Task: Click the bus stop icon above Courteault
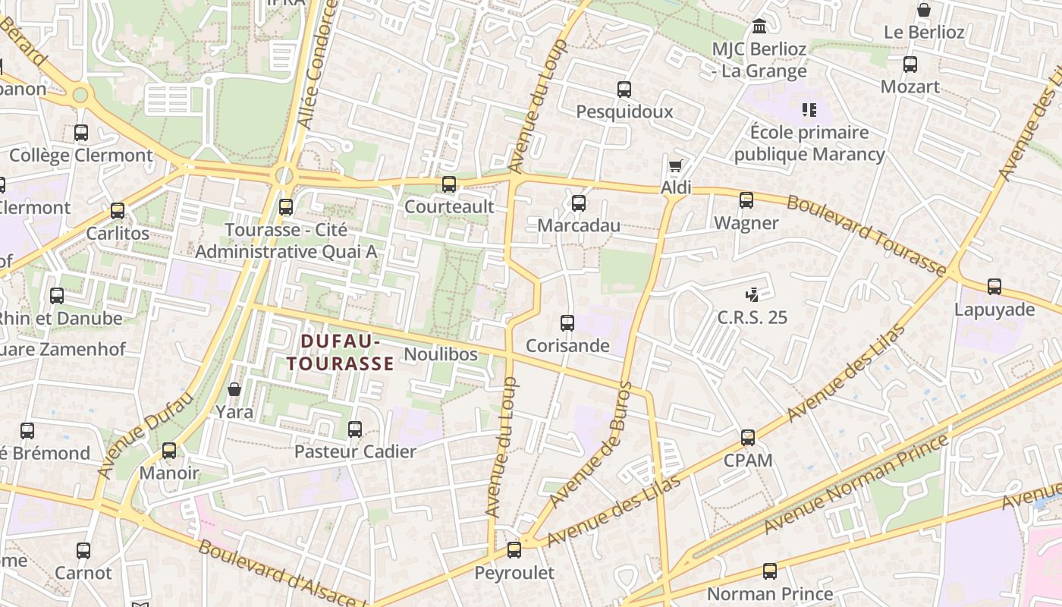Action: [x=449, y=184]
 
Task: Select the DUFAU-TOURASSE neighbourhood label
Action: [x=340, y=353]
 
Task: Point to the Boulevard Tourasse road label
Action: [x=866, y=235]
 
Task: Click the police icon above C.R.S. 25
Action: [x=753, y=294]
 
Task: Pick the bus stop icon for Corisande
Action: [x=567, y=323]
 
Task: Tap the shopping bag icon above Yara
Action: [x=234, y=389]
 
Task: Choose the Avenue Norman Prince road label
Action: [x=856, y=483]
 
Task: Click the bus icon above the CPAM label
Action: [x=748, y=438]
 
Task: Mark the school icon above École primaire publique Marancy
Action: [x=809, y=111]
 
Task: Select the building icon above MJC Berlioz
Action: [x=759, y=27]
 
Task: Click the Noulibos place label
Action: [x=441, y=354]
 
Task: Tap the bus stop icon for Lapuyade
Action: [x=994, y=287]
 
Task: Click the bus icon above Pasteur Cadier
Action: [x=355, y=429]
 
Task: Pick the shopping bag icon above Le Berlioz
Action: [x=924, y=10]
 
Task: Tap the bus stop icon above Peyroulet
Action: [x=514, y=550]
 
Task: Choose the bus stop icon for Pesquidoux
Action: [x=624, y=90]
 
